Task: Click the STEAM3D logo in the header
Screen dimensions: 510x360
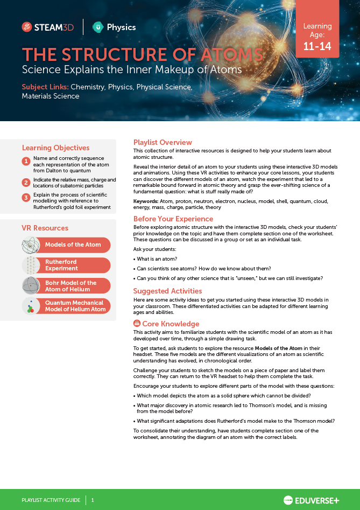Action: [x=47, y=27]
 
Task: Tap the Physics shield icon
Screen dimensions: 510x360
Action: [x=98, y=27]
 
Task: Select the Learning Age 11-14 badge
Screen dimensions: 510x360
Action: [x=317, y=36]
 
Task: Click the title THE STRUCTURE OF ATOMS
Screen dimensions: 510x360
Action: [x=143, y=55]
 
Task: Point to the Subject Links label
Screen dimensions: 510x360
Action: [x=45, y=87]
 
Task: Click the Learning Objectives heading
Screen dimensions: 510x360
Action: [x=55, y=148]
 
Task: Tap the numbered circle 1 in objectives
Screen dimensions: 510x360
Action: [x=26, y=162]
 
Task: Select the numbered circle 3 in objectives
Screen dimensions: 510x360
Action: [x=26, y=198]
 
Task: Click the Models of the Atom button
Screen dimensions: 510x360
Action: [x=73, y=245]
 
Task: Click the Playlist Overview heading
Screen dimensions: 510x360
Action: [x=163, y=142]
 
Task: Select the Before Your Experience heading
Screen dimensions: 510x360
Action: [x=173, y=219]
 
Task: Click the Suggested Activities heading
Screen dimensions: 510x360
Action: [x=167, y=291]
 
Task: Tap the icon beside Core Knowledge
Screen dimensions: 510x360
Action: [x=137, y=324]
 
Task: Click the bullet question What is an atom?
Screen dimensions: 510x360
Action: [x=157, y=259]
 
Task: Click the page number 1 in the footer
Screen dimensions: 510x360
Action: [x=93, y=500]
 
